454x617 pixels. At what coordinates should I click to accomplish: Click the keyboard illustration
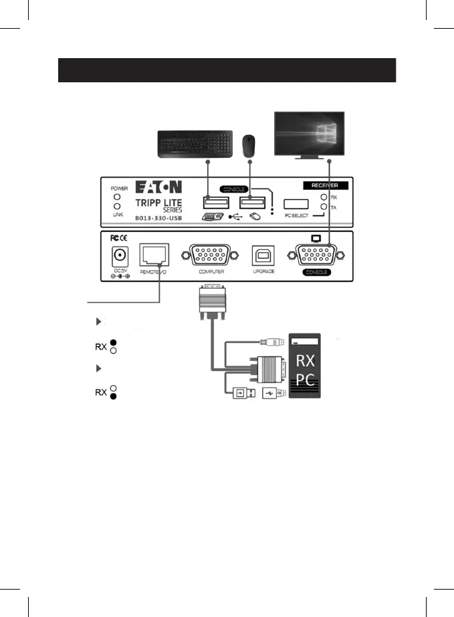195,144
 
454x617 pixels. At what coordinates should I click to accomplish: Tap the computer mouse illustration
249,144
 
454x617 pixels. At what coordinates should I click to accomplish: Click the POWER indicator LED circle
117,197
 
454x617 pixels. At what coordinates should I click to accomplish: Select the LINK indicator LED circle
117,207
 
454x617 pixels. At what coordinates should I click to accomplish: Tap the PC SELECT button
295,205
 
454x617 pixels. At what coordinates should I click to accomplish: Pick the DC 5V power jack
121,256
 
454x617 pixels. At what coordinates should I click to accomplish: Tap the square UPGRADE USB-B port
261,256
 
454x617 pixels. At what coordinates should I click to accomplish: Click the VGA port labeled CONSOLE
312,256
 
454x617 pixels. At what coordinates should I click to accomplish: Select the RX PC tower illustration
305,365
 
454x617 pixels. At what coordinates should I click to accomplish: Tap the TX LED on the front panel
324,207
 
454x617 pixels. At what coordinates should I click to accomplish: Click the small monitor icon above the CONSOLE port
316,238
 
